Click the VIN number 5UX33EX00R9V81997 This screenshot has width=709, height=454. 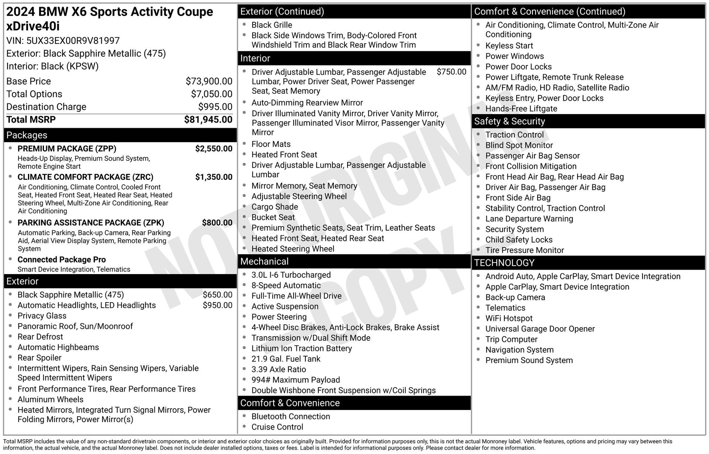73,41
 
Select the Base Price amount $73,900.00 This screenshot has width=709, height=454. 209,81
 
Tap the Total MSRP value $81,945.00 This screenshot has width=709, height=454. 208,120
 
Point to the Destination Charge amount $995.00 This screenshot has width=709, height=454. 215,107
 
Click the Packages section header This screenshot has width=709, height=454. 27,135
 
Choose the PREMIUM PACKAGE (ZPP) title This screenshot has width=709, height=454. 67,149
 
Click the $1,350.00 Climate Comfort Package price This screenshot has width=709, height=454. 214,177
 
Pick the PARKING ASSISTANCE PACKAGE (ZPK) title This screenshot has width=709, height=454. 91,223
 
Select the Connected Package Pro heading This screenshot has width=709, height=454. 62,260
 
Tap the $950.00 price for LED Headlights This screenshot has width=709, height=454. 218,305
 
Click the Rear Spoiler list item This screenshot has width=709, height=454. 40,358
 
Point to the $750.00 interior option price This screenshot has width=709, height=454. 451,72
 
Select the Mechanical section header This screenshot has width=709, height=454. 264,262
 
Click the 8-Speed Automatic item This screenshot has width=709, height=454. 286,286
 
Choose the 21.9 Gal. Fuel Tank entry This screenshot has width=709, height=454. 286,359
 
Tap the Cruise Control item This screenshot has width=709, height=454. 277,427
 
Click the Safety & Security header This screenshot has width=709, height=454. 509,122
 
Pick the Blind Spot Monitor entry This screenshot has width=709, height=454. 519,146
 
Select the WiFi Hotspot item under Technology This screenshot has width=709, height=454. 509,318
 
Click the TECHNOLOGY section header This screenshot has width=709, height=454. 504,263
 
